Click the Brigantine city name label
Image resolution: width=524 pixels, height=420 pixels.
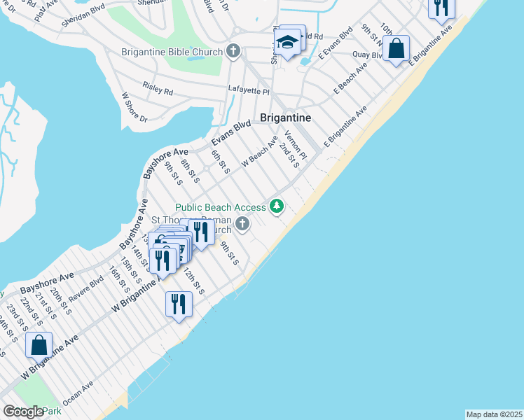[x=285, y=118]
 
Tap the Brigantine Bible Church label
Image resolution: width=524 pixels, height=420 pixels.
[x=172, y=52]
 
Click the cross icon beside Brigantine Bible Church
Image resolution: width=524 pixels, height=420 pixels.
[x=233, y=51]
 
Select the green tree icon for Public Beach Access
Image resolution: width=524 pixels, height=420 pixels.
[x=278, y=206]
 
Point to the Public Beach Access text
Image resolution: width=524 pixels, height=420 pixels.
[x=221, y=207]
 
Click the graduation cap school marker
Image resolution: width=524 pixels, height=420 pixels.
[x=287, y=42]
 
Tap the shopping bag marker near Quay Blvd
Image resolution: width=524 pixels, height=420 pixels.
[x=397, y=49]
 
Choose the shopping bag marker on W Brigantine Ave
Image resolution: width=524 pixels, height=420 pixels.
[x=39, y=344]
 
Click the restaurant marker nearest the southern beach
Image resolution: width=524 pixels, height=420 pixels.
[x=179, y=304]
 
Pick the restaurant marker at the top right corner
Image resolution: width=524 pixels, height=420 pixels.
[x=441, y=7]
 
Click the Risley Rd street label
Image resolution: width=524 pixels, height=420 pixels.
[x=158, y=90]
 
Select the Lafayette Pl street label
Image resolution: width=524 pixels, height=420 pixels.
[x=249, y=90]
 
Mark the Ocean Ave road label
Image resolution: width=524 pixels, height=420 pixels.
[x=78, y=391]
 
